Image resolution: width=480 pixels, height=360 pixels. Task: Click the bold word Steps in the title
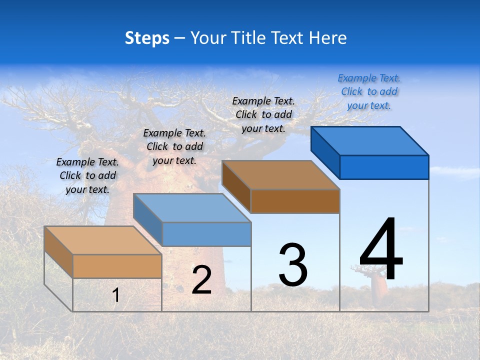tap(147, 38)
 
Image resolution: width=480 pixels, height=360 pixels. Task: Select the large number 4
tap(381, 249)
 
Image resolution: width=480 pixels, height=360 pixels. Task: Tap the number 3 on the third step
tap(293, 265)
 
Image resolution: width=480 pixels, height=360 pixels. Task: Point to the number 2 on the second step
tap(201, 280)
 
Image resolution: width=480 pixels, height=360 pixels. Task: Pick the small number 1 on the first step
tap(116, 295)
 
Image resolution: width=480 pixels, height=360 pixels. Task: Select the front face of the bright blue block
tap(384, 167)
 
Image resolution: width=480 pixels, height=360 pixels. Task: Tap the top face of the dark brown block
tap(280, 175)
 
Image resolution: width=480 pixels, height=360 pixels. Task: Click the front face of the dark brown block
tap(295, 201)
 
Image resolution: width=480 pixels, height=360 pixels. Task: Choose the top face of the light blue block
tap(192, 208)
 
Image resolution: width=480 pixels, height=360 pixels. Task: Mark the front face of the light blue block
tap(206, 234)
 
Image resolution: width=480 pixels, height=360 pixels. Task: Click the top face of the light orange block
tap(103, 240)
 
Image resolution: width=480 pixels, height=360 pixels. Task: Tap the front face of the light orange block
tap(117, 266)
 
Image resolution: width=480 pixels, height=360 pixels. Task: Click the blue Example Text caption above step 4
tap(369, 91)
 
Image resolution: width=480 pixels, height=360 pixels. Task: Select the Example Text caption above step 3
tap(263, 114)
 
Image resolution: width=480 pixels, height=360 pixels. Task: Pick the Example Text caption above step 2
tap(174, 146)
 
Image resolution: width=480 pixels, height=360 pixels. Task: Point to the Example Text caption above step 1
tap(87, 175)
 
